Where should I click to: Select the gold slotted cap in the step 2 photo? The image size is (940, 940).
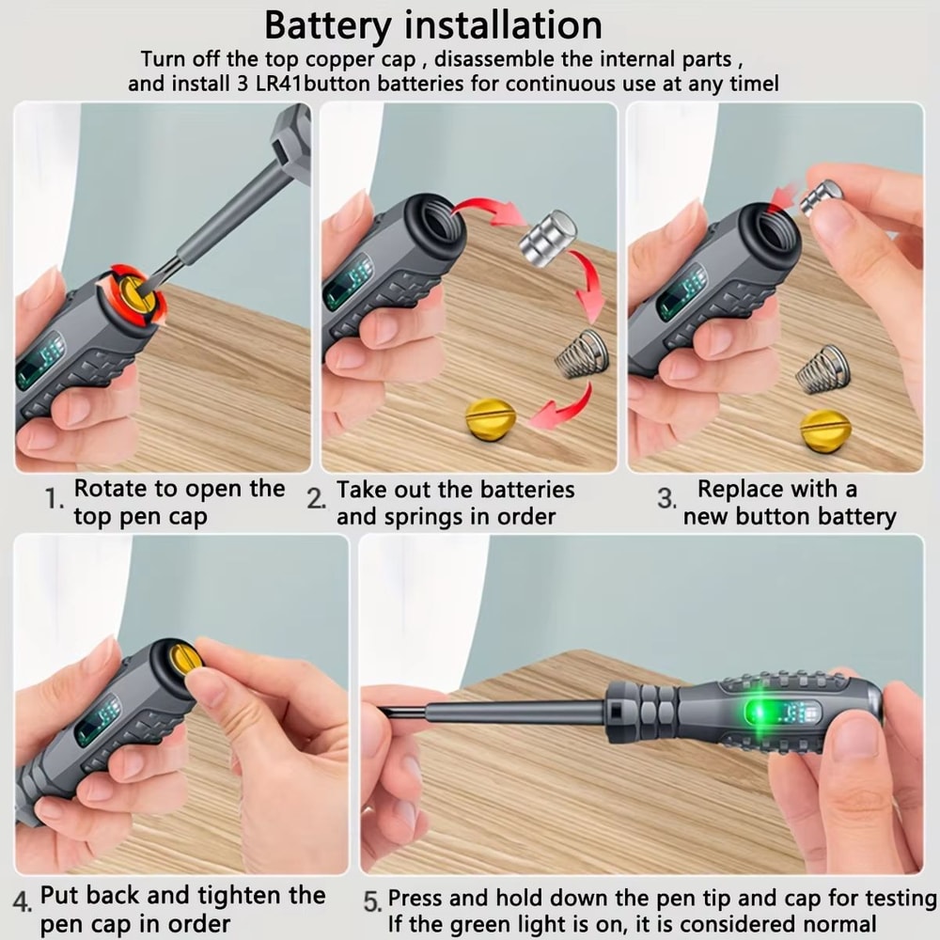click(491, 415)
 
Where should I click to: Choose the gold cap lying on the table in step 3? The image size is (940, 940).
click(825, 428)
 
